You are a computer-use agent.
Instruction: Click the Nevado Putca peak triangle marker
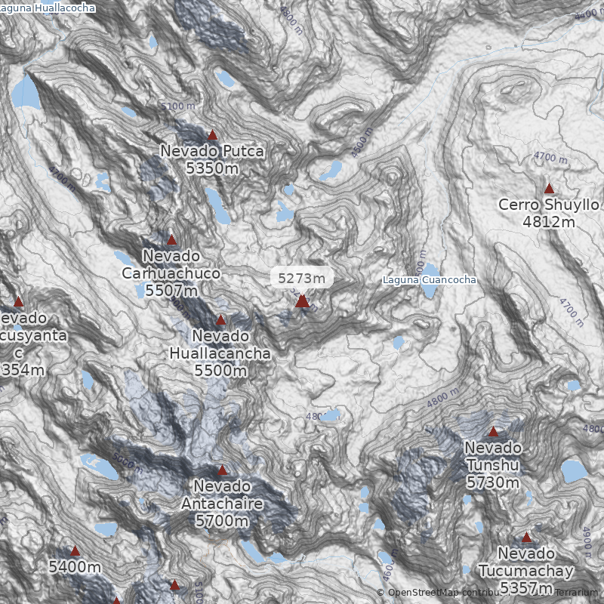coord(212,135)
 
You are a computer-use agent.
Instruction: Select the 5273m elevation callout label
coord(302,278)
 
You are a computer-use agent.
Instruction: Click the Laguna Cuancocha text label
coord(430,280)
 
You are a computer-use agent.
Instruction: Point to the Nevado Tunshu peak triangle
coord(493,432)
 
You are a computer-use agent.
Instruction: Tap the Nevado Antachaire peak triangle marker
coord(222,470)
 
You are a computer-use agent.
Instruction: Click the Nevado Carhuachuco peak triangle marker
coord(171,240)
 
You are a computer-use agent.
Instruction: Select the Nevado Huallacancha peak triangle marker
coord(220,320)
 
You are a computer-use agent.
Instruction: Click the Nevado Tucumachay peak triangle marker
coord(526,538)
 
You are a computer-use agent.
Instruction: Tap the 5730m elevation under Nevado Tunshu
coord(493,482)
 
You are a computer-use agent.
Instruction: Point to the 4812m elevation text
coord(549,222)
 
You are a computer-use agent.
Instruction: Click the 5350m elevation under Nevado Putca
coord(212,168)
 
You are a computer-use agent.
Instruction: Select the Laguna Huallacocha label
coord(48,8)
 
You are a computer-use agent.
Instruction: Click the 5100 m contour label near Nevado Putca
coord(177,106)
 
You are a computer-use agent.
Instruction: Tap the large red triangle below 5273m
coord(302,301)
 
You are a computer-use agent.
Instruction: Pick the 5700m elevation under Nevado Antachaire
coord(222,521)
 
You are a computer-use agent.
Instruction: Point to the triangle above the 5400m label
coord(75,551)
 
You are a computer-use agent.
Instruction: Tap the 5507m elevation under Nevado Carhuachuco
coord(171,290)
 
